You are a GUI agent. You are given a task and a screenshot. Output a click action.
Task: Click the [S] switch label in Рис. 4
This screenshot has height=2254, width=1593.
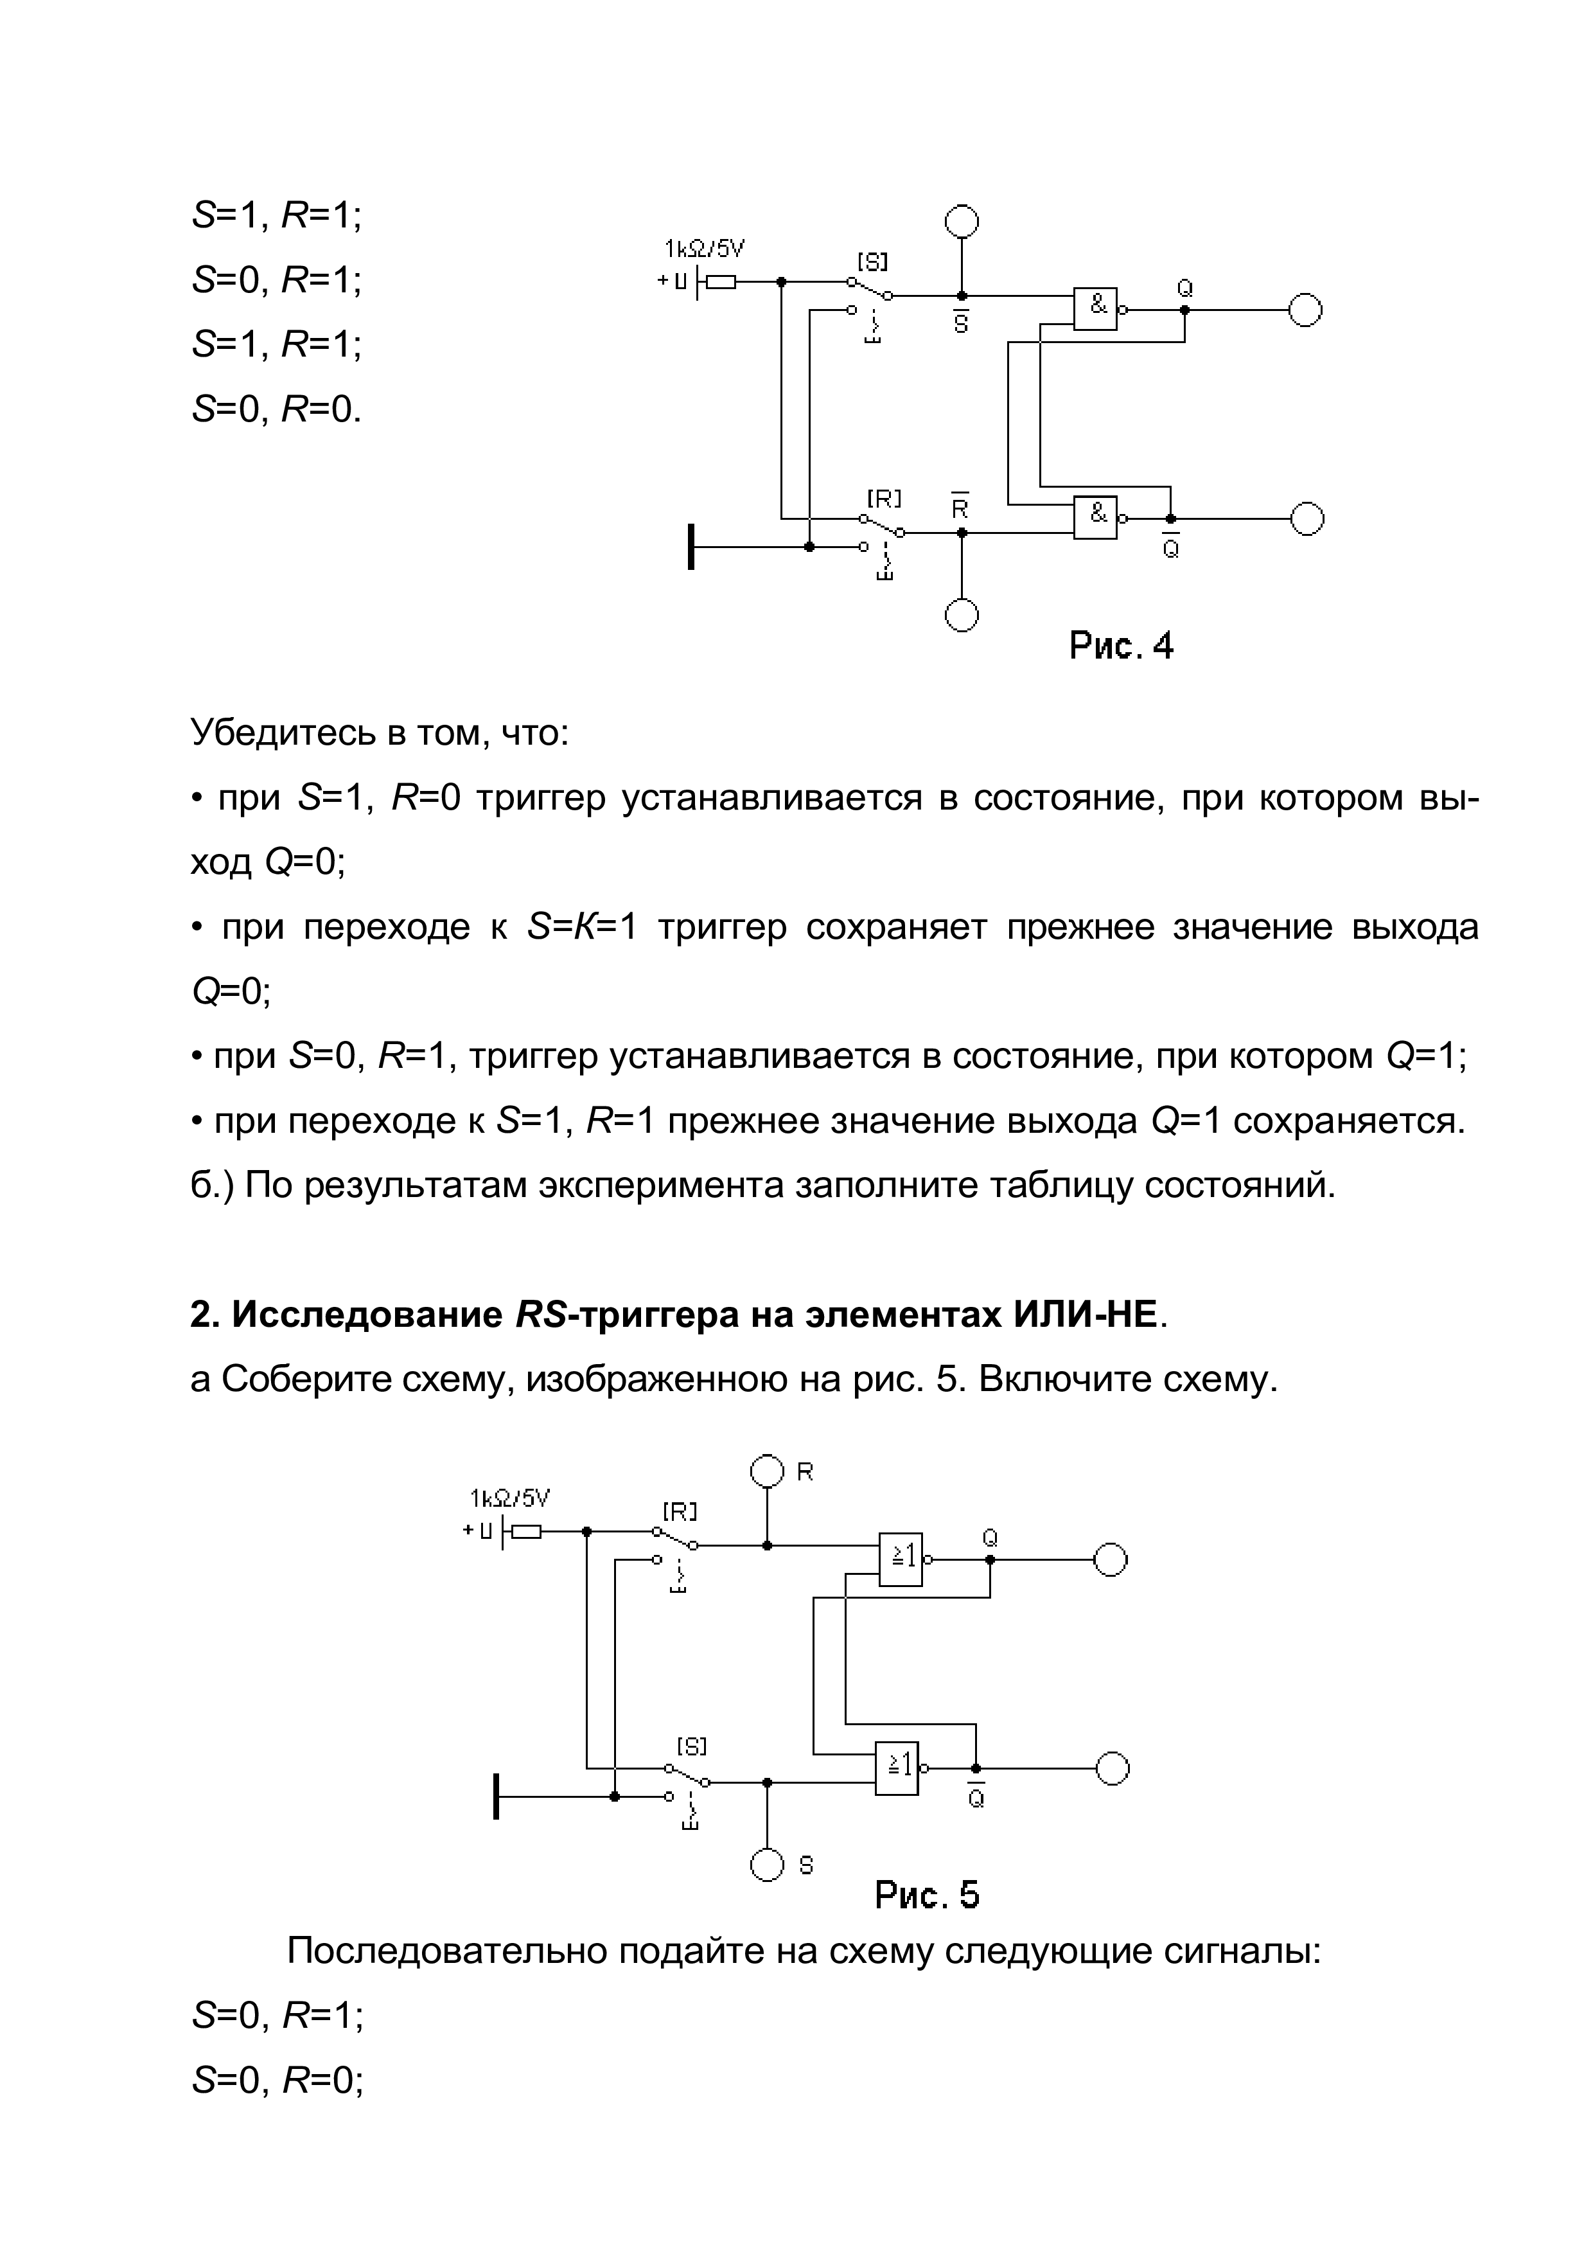872,262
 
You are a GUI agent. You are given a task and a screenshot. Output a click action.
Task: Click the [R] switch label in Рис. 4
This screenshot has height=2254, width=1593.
883,499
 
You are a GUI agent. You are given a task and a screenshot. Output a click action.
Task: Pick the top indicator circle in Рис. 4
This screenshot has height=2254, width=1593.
962,221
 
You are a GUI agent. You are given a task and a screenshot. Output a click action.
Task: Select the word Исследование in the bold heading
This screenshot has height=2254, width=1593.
366,1315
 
